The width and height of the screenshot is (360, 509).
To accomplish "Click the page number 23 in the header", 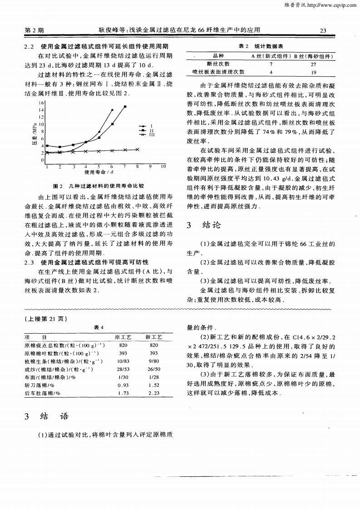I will click(323, 30).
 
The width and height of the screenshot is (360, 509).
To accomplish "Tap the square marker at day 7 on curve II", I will click(125, 107).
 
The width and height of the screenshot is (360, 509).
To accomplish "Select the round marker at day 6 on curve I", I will click(112, 110).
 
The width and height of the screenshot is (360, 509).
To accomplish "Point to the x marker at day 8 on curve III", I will click(138, 149).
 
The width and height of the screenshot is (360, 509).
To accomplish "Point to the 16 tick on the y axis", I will click(42, 103).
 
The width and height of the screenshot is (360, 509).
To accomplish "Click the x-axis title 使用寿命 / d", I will click(99, 172).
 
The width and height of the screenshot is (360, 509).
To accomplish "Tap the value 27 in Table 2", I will click(313, 64).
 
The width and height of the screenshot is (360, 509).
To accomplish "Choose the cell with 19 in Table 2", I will click(313, 72).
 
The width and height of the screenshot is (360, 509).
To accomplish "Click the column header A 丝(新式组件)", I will click(271, 56).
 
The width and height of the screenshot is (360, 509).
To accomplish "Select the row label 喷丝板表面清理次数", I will click(218, 72).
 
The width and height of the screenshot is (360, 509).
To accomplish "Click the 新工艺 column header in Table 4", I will click(154, 337).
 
